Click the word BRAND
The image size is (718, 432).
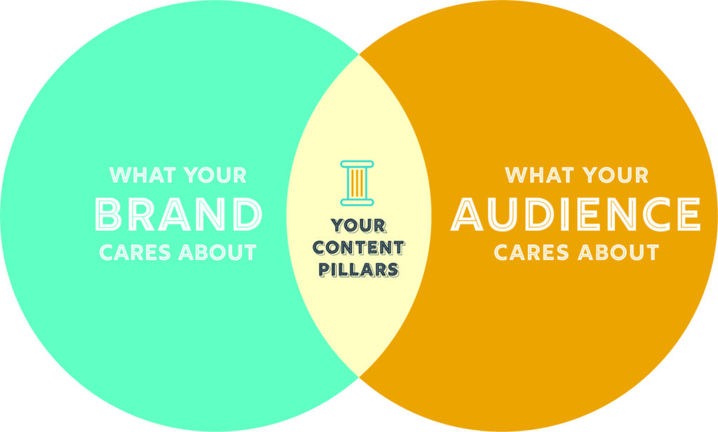pyautogui.click(x=179, y=214)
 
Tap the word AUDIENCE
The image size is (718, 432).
pyautogui.click(x=576, y=214)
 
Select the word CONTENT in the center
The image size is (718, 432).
pyautogui.click(x=358, y=248)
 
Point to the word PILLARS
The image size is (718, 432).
pyautogui.click(x=358, y=269)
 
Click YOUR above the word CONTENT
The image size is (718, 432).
pyautogui.click(x=358, y=226)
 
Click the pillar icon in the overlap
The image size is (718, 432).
pyautogui.click(x=357, y=183)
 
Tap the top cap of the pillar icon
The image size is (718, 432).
pyautogui.click(x=357, y=163)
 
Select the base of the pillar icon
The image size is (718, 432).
pyautogui.click(x=357, y=202)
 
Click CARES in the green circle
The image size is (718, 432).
pyautogui.click(x=135, y=253)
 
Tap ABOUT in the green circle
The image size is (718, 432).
pyautogui.click(x=217, y=253)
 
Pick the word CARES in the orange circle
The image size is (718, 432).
pyautogui.click(x=531, y=253)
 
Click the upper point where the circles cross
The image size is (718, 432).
pyautogui.click(x=359, y=55)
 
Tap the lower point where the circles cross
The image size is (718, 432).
pyautogui.click(x=359, y=377)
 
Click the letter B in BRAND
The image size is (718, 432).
pyautogui.click(x=109, y=214)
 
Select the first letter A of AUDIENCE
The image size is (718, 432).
pyautogui.click(x=467, y=214)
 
